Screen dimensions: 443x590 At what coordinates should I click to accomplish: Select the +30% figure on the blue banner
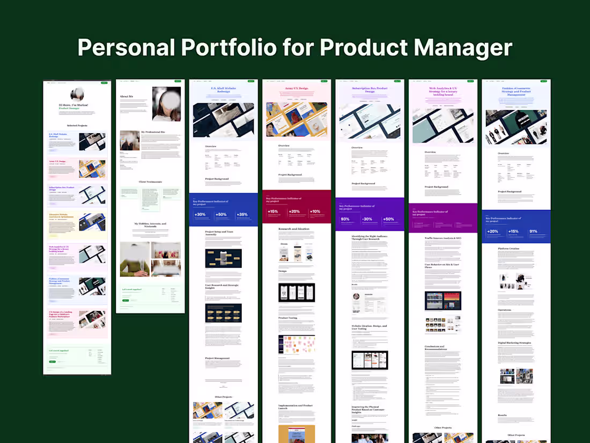point(200,215)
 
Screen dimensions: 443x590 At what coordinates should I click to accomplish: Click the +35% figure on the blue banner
point(242,215)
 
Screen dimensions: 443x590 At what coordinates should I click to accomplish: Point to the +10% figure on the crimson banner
point(315,212)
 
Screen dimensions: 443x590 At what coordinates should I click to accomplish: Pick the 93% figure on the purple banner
point(345,219)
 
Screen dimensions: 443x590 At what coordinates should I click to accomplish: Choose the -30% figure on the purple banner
point(367,219)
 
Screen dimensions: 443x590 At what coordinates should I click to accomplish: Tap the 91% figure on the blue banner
point(533,231)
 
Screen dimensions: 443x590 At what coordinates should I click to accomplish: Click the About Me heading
point(127,97)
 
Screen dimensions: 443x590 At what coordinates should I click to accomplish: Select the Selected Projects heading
point(77,126)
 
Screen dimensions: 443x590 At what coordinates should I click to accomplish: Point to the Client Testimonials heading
point(150,182)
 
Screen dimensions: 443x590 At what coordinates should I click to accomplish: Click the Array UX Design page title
point(296,88)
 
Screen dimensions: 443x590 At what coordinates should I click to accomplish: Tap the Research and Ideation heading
point(294,229)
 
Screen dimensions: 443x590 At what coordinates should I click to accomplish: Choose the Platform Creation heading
point(509,249)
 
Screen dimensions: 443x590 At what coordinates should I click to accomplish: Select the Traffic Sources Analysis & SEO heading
point(443,238)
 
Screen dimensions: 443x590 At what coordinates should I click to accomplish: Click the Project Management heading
point(217,358)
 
